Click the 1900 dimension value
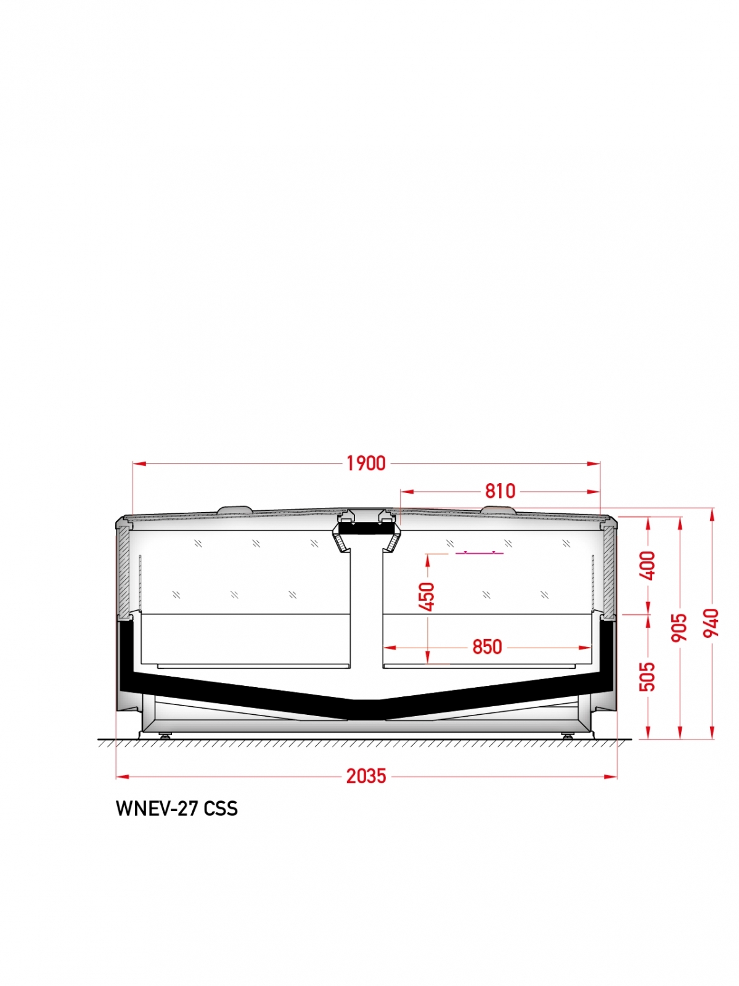365,463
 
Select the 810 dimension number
500,491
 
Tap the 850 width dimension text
487,647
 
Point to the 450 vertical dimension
427,597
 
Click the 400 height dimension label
648,566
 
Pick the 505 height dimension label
647,676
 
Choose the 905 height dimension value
679,627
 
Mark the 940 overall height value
711,622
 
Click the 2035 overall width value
366,776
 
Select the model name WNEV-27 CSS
177,809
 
